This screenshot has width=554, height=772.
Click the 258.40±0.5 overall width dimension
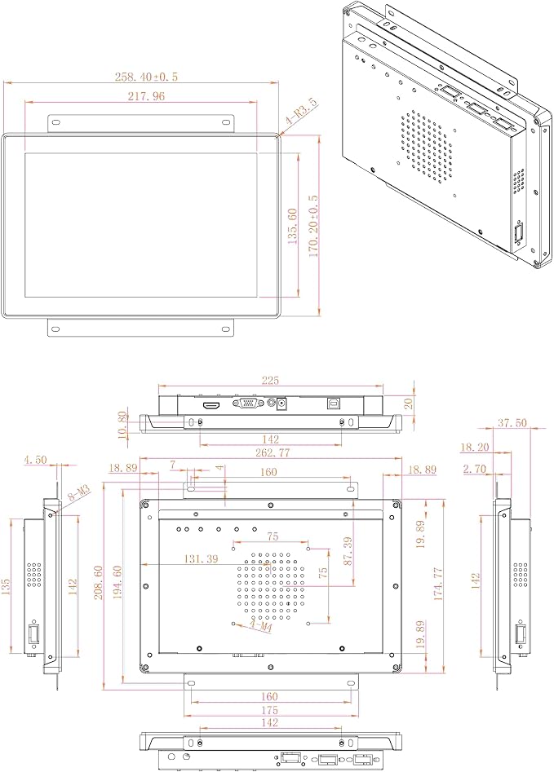[146, 77]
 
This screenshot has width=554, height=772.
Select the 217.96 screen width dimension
[146, 96]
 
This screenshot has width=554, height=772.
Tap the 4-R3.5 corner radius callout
[301, 112]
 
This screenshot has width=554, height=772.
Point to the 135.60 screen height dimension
[292, 227]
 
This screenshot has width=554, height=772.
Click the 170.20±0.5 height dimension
[313, 226]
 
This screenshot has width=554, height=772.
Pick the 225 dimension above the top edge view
[270, 380]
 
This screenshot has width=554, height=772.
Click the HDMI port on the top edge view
[211, 405]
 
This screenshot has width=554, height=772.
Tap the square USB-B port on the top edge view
[333, 403]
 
